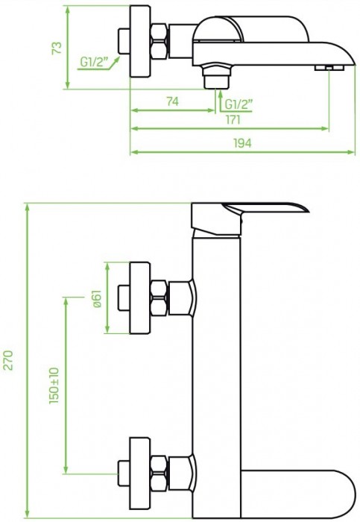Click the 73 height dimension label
pos(57,48)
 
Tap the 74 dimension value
pos(172,101)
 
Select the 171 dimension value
pos(233,119)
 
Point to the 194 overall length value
pos(242,143)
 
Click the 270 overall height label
pos(8,360)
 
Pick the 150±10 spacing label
pos(54,386)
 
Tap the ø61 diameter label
pos(96,298)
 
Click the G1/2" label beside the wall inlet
pos(95,62)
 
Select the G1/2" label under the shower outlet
pos(239,104)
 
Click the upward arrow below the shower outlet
pos(221,101)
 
